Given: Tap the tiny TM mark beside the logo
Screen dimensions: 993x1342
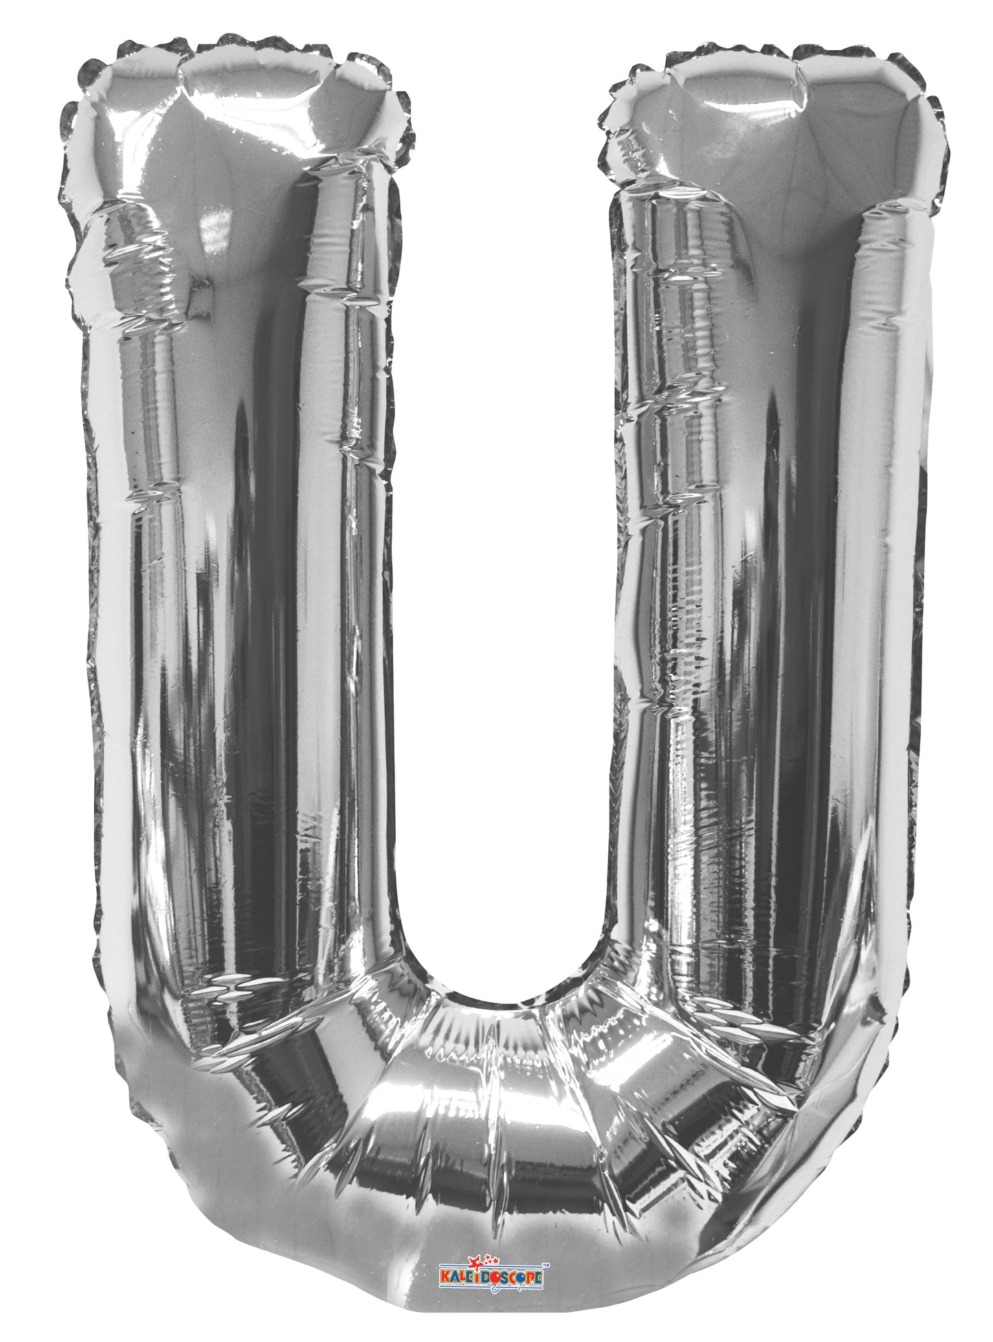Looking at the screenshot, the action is (x=546, y=1265).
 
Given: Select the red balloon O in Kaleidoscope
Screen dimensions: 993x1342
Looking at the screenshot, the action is (x=495, y=1277).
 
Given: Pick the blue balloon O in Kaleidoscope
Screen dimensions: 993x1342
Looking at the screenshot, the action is (x=521, y=1277).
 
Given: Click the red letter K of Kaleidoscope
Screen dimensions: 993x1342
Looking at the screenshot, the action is (x=445, y=1276).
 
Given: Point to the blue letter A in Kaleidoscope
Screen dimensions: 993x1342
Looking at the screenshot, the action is (x=455, y=1277).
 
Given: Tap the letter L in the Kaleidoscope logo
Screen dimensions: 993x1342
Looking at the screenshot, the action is (x=462, y=1276).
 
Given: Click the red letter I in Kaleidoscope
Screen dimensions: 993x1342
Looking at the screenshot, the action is (x=477, y=1277).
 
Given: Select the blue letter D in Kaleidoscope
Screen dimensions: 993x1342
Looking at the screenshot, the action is (x=485, y=1277).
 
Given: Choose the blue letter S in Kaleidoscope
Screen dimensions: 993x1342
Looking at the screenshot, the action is (x=504, y=1277).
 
